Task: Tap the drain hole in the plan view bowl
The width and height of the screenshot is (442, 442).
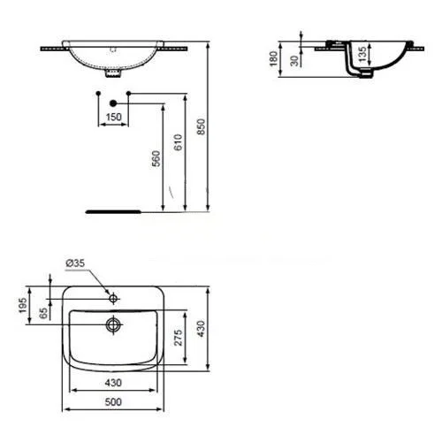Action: pos(112,324)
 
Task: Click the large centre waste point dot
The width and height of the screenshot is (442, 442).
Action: pos(112,103)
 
